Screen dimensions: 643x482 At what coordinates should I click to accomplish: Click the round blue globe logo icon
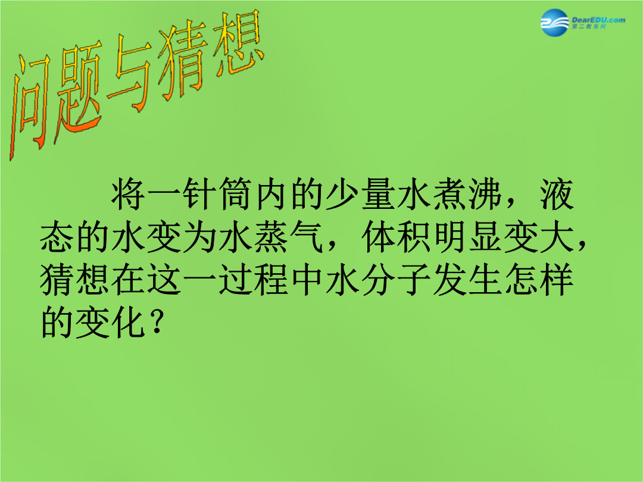[554, 23]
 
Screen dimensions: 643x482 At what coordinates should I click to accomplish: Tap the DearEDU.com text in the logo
[598, 20]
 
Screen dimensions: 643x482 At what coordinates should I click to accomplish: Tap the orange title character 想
[238, 46]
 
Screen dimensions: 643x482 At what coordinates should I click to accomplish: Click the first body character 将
[128, 194]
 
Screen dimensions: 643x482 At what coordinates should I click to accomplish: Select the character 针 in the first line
[199, 194]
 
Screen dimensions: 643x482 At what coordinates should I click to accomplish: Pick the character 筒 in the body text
[235, 194]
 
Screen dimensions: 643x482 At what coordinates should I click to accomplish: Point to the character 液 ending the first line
[557, 194]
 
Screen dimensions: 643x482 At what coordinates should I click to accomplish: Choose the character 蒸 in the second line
[271, 237]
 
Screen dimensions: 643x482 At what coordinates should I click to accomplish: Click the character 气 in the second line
[307, 237]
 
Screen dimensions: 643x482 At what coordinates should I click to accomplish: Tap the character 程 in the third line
[271, 280]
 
